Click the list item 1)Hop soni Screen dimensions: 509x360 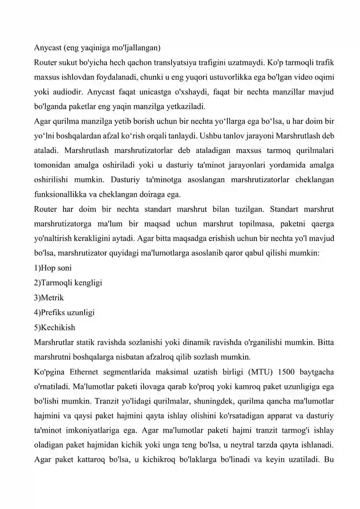point(53,268)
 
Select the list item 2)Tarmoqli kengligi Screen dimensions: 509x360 point(68,283)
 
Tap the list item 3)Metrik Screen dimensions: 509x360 point(49,297)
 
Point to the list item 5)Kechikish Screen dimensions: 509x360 point(54,327)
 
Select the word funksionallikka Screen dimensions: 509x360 point(59,194)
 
